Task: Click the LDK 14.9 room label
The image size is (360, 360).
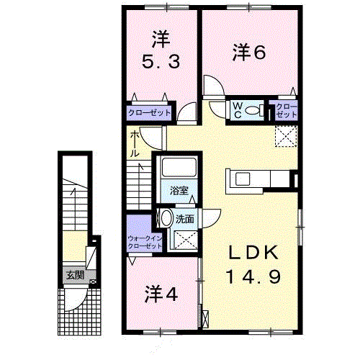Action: pyautogui.click(x=253, y=264)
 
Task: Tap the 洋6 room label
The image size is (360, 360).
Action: pyautogui.click(x=249, y=53)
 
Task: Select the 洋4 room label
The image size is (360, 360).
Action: pyautogui.click(x=161, y=294)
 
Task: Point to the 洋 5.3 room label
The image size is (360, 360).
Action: pyautogui.click(x=161, y=50)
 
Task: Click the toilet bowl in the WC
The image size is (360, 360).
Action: pyautogui.click(x=252, y=111)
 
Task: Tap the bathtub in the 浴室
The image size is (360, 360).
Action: pyautogui.click(x=179, y=167)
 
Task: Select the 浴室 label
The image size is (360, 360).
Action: pyautogui.click(x=179, y=191)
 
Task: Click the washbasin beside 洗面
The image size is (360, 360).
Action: pyautogui.click(x=166, y=218)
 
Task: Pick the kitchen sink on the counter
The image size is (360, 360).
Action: pyautogui.click(x=243, y=179)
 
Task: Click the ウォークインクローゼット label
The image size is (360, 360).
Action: pyautogui.click(x=145, y=243)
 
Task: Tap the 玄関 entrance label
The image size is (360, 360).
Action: pyautogui.click(x=75, y=275)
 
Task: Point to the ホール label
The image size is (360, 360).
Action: pyautogui.click(x=135, y=144)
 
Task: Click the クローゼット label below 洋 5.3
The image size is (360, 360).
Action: pyautogui.click(x=149, y=112)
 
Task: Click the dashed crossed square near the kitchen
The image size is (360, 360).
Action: pyautogui.click(x=286, y=136)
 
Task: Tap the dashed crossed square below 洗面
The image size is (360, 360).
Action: pyautogui.click(x=186, y=240)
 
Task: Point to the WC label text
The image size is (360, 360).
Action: pyautogui.click(x=238, y=111)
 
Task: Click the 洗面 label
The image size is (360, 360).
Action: pyautogui.click(x=185, y=219)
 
